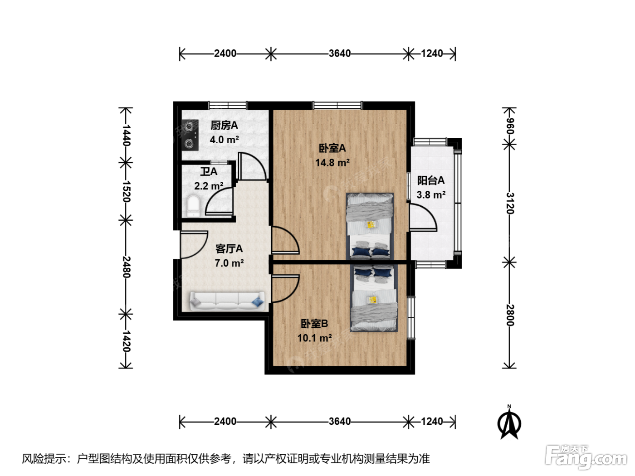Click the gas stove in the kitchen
coord(190,135)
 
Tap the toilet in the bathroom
coord(193,206)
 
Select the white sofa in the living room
coord(227,301)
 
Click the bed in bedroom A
coord(370,226)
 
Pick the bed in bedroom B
coord(374,298)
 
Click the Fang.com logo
coord(586,457)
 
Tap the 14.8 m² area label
coord(332,163)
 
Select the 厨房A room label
coord(224,126)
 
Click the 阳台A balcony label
coord(431,180)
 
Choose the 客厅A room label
coord(229,249)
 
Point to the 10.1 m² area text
coord(314,338)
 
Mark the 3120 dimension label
coord(510,203)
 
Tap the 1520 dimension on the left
coord(127,192)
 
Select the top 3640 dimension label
coord(340,53)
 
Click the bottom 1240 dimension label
coord(432,422)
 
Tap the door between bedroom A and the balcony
coord(423,217)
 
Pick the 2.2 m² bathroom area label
coord(209,186)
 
